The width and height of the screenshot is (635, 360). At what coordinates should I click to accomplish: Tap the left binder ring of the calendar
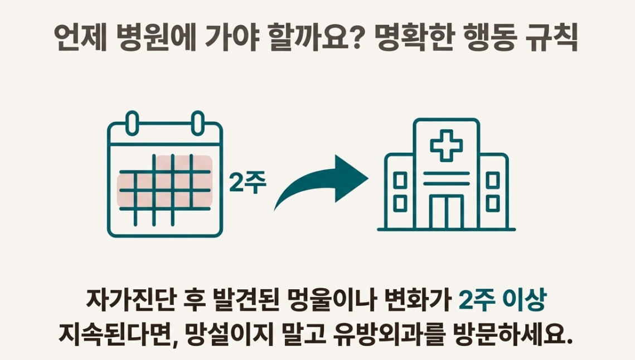[133, 123]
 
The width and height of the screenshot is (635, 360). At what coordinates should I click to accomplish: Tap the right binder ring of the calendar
[198, 123]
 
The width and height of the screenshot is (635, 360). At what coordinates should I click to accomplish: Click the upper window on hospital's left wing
[400, 180]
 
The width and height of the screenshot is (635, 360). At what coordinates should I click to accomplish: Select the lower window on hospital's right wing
[492, 202]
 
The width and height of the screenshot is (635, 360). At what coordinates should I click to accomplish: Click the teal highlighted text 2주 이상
[501, 301]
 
